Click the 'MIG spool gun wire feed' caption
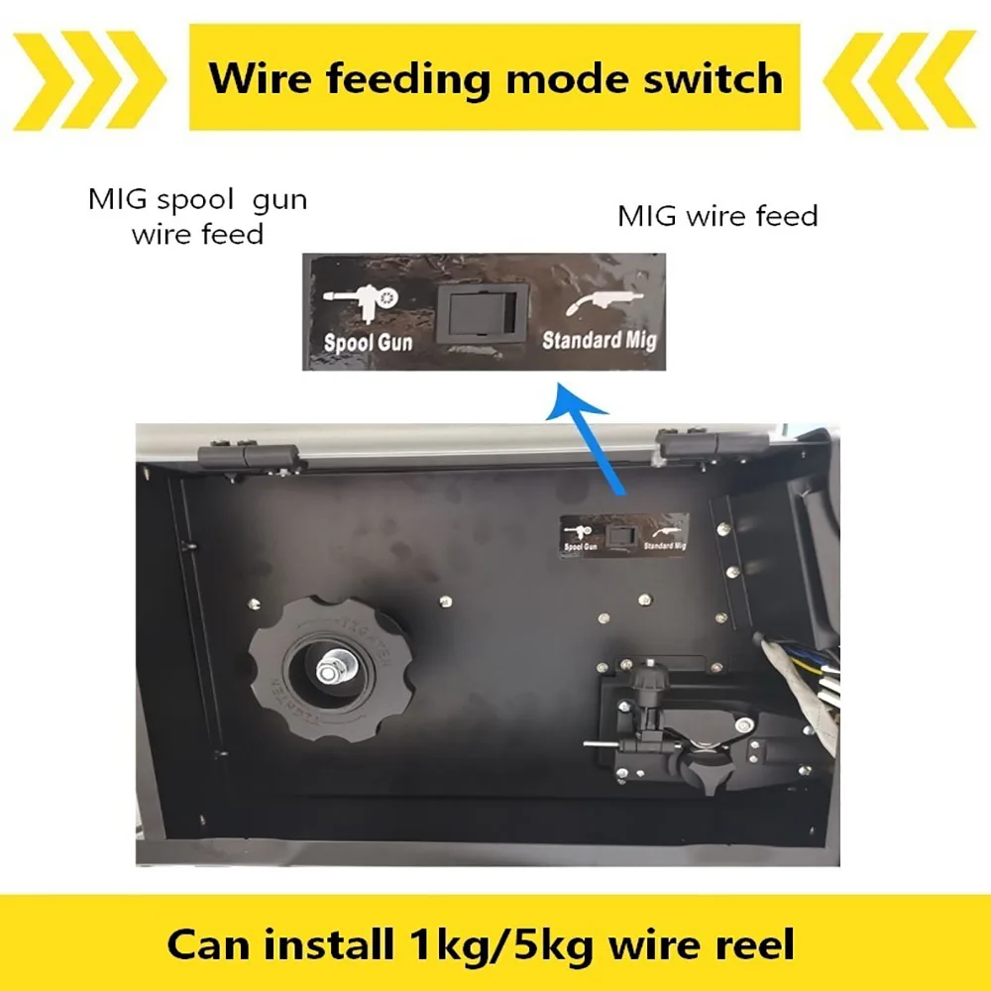[x=198, y=216]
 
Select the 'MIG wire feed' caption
[x=717, y=216]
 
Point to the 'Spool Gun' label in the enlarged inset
[x=369, y=343]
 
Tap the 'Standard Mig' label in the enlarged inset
[x=599, y=340]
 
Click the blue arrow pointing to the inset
[x=593, y=441]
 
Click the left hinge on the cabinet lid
[x=248, y=456]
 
